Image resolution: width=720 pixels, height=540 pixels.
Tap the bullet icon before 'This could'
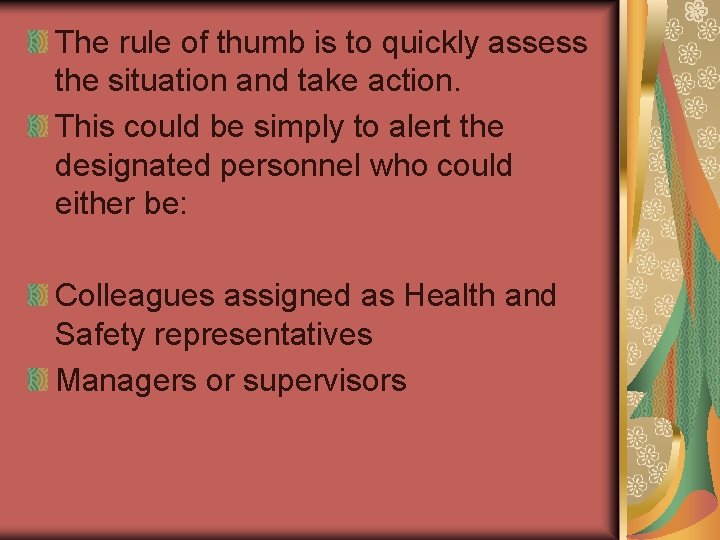point(38,127)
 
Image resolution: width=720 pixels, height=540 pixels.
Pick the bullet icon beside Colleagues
point(38,296)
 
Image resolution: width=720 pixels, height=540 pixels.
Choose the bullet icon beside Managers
point(38,380)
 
